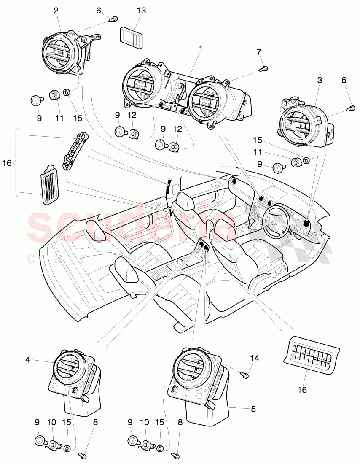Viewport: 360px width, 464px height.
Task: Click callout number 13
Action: (141, 11)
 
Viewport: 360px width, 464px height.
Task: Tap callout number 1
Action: (201, 49)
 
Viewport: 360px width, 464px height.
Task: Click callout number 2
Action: (56, 11)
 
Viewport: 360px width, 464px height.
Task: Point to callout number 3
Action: (320, 80)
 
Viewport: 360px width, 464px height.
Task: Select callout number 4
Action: (27, 360)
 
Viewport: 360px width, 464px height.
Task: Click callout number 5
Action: (253, 409)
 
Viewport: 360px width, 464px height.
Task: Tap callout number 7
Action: (259, 52)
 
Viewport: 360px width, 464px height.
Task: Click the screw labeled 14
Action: (245, 373)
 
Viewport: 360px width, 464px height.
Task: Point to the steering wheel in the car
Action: (276, 220)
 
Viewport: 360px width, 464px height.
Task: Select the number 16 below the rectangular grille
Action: (303, 389)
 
